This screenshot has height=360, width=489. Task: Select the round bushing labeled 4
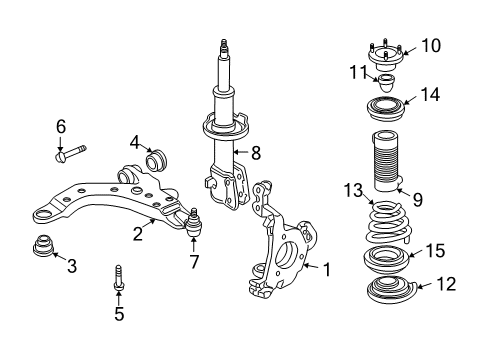[x=155, y=159]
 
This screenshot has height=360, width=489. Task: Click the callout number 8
[x=255, y=153]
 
